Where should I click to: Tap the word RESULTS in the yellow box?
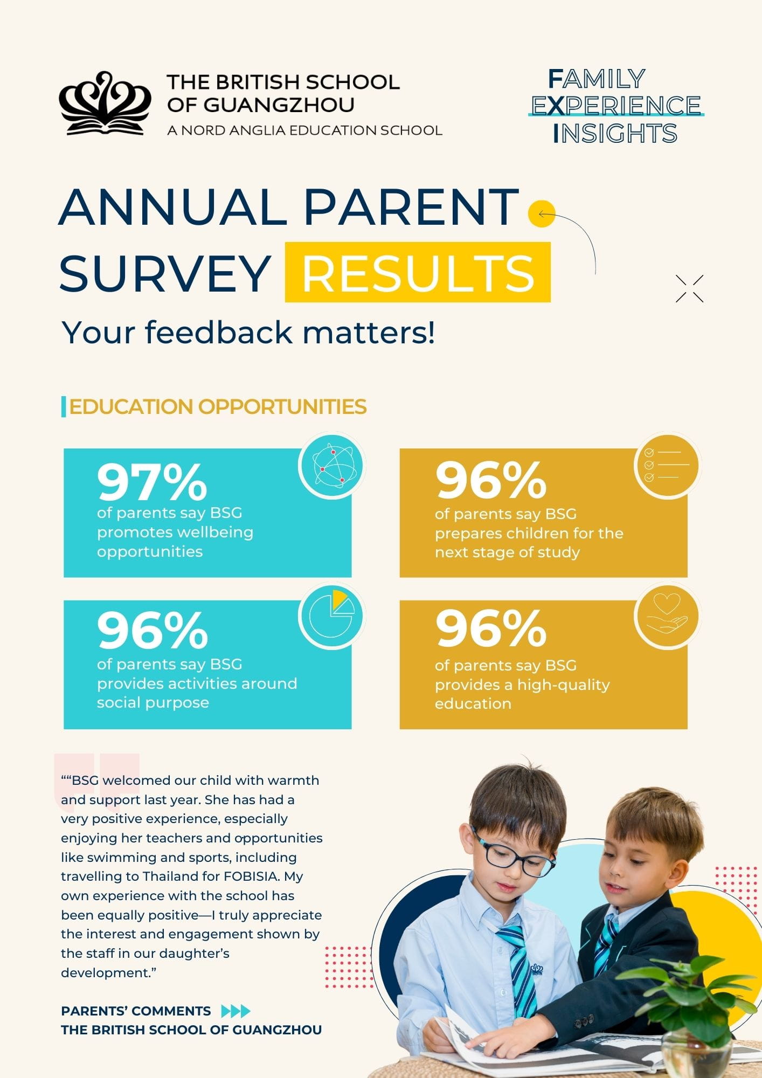pyautogui.click(x=418, y=272)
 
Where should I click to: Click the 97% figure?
pyautogui.click(x=152, y=482)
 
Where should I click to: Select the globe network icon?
pyautogui.click(x=332, y=466)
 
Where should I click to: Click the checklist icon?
pyautogui.click(x=667, y=465)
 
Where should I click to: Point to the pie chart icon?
pyautogui.click(x=332, y=616)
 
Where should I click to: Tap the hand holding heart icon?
pyautogui.click(x=667, y=616)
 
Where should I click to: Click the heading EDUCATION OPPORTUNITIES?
pyautogui.click(x=218, y=407)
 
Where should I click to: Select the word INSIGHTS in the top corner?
pyautogui.click(x=615, y=134)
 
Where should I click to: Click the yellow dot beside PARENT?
pyautogui.click(x=541, y=214)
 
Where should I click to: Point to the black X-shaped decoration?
pyautogui.click(x=689, y=288)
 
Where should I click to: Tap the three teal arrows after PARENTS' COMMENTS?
pyautogui.click(x=236, y=1011)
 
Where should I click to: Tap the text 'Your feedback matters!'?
pyautogui.click(x=248, y=332)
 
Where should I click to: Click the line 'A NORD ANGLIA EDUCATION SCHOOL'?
pyautogui.click(x=304, y=130)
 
